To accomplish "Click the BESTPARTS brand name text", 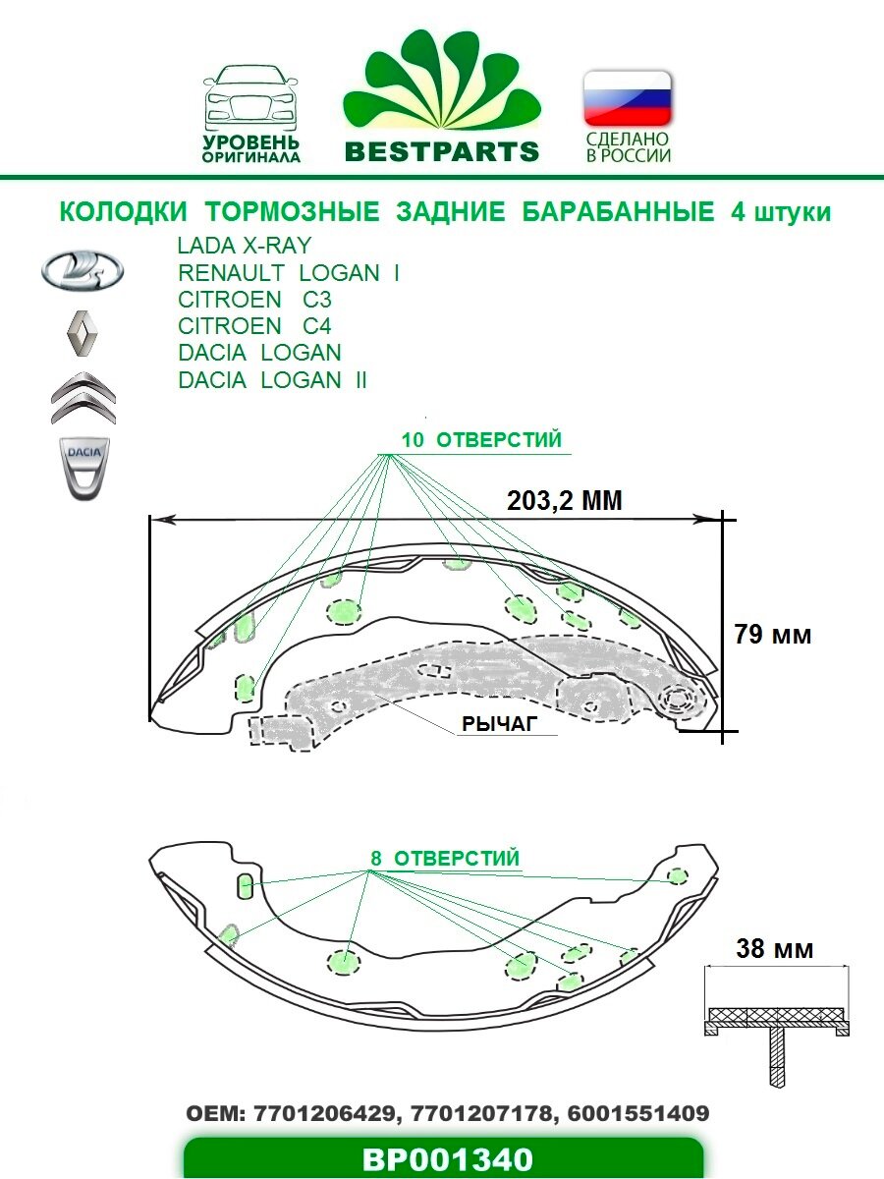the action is click(x=442, y=151).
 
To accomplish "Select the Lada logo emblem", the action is click(x=82, y=268).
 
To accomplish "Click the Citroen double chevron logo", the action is click(x=83, y=397).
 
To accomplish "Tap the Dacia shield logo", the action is click(x=82, y=465).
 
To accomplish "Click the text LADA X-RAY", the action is click(x=244, y=246).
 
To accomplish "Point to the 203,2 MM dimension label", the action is click(x=565, y=500).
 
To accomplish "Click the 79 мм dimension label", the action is click(x=773, y=635).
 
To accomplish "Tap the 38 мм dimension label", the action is click(x=774, y=949).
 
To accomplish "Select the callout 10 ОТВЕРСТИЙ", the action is click(x=482, y=440).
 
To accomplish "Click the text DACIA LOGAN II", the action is click(x=272, y=380).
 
